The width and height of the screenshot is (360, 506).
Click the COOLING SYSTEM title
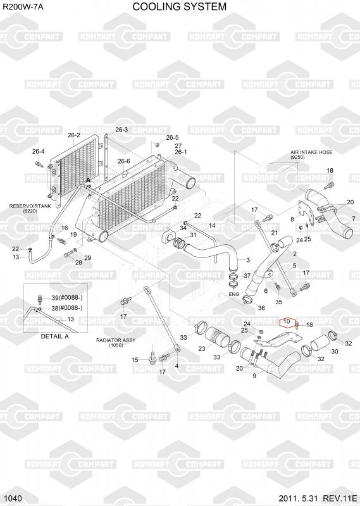(180, 6)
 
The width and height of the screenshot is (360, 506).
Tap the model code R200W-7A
(23, 6)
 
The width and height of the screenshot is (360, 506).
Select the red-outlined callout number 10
(287, 322)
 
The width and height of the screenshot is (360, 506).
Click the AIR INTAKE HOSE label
(311, 152)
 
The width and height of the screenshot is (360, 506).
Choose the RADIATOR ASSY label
(116, 340)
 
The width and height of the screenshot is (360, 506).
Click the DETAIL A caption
(54, 336)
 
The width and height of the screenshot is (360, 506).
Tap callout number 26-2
(74, 135)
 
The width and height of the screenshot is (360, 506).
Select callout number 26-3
(121, 130)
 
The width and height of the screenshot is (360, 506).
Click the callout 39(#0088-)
(67, 298)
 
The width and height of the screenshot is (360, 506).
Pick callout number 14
(212, 226)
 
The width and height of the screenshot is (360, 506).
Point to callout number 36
(261, 308)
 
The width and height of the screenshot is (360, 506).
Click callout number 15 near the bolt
(135, 360)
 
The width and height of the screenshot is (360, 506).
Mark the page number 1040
(13, 498)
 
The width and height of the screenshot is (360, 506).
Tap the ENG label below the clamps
(233, 294)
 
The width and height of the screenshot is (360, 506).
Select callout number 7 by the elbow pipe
(354, 219)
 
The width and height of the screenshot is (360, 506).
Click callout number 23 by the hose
(202, 349)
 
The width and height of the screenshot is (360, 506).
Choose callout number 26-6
(123, 161)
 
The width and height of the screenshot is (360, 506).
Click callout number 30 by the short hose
(335, 352)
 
